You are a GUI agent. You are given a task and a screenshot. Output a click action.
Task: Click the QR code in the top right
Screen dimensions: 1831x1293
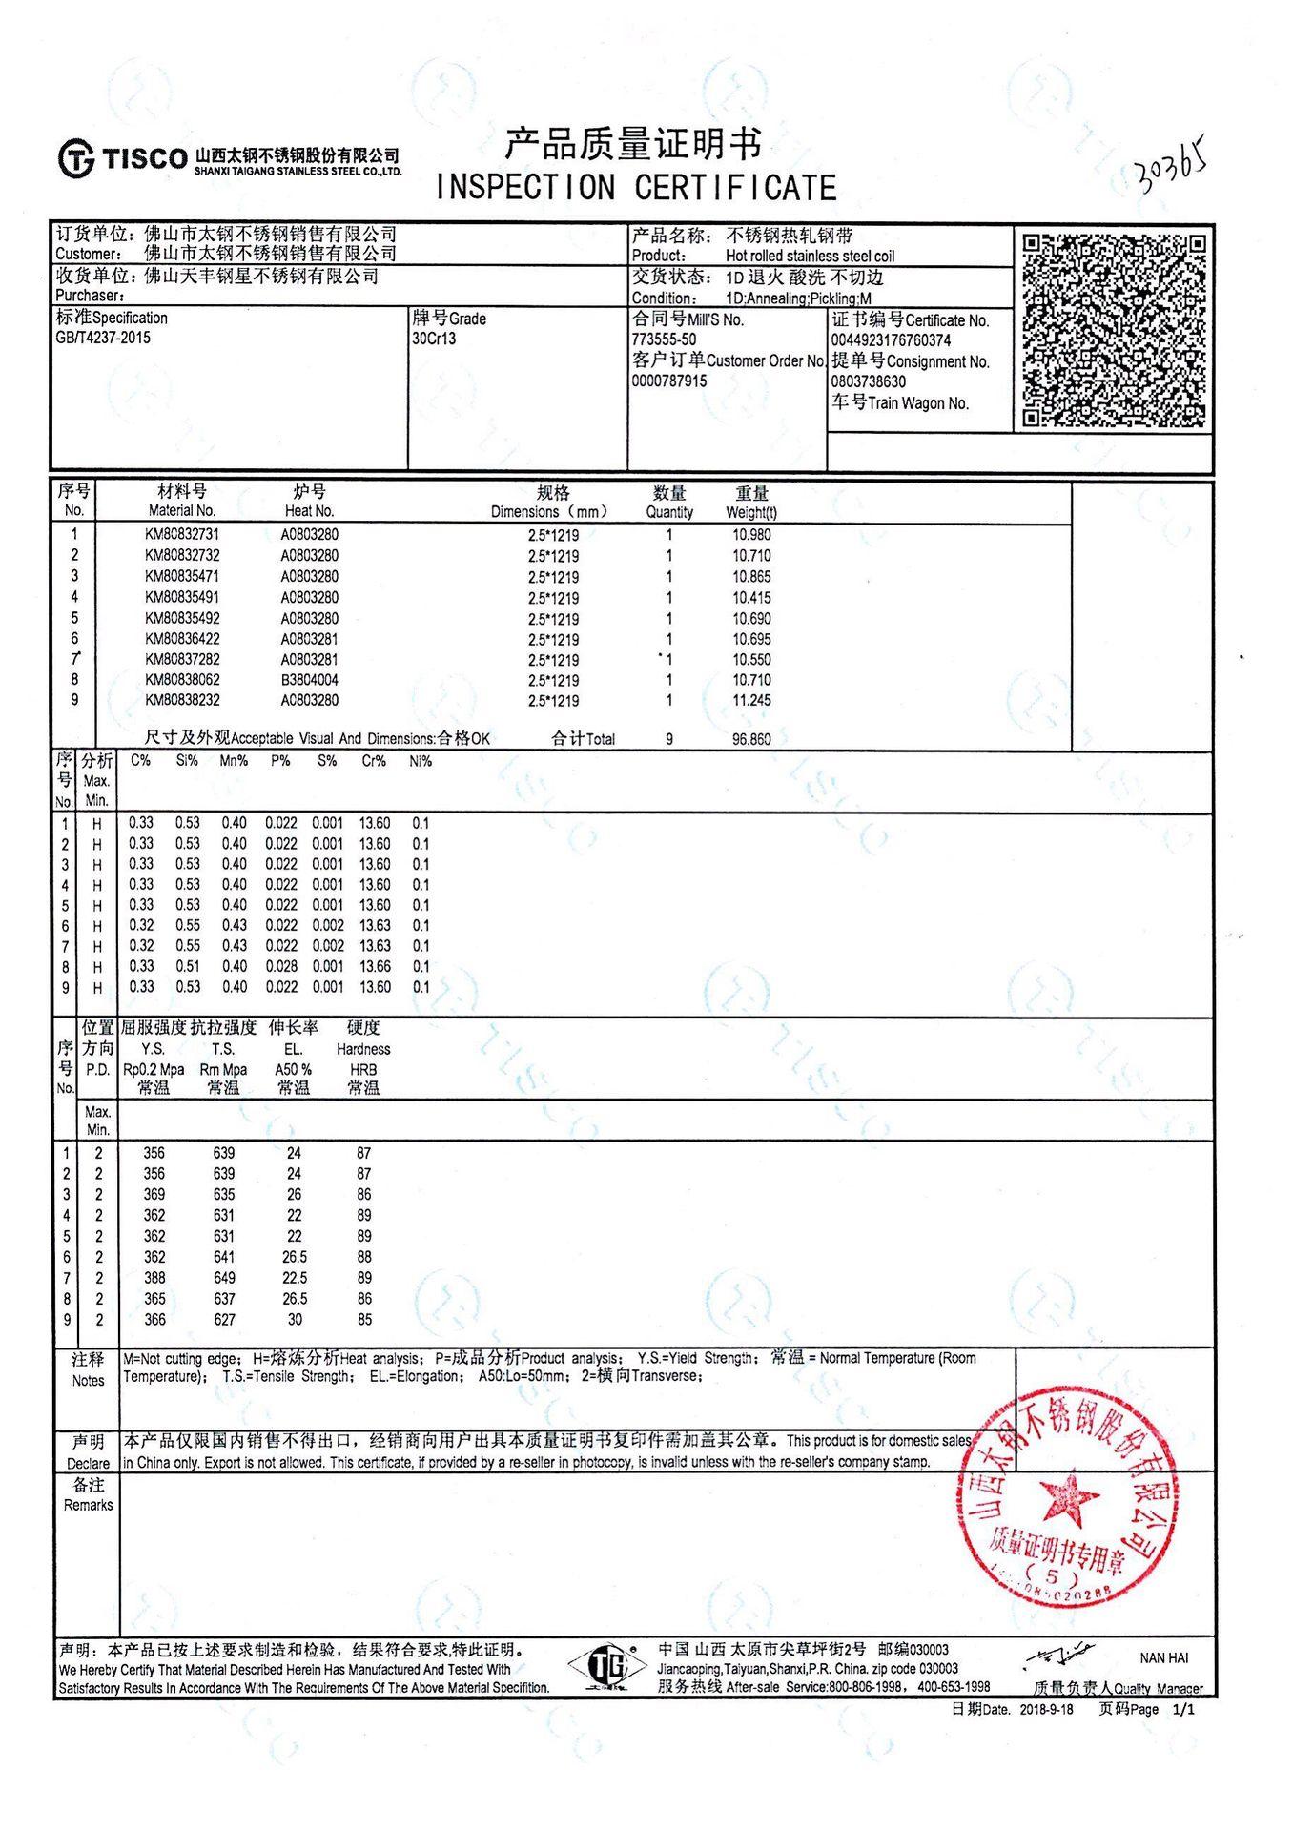click(1114, 330)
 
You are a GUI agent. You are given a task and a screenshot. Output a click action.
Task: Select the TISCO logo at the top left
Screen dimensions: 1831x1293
click(123, 157)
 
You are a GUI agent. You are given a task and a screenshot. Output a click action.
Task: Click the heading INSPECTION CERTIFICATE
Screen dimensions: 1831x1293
click(636, 188)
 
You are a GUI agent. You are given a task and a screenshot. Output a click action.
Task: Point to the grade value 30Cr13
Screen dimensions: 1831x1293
click(434, 339)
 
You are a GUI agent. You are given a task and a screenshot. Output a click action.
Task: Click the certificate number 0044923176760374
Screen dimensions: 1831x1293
click(891, 340)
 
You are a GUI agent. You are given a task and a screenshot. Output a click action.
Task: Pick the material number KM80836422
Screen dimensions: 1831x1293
click(182, 639)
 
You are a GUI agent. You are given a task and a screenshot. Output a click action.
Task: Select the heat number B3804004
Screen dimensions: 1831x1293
click(309, 680)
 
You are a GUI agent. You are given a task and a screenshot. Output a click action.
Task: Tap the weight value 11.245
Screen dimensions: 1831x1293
click(751, 700)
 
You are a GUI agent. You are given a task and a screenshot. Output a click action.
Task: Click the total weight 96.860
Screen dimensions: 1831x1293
click(751, 739)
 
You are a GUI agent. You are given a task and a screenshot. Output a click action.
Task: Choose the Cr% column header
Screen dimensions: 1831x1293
click(374, 761)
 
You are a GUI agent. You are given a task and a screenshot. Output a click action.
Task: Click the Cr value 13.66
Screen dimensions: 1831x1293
click(375, 967)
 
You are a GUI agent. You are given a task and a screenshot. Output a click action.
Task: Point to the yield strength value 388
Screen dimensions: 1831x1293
click(154, 1278)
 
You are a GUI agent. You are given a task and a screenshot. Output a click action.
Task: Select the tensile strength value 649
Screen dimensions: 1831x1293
click(224, 1278)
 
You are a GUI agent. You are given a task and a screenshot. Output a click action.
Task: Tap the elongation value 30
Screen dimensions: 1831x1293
click(295, 1320)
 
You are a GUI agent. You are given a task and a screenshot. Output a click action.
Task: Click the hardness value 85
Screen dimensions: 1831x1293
click(363, 1320)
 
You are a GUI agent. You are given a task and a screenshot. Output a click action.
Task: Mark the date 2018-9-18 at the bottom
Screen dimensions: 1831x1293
click(1046, 1709)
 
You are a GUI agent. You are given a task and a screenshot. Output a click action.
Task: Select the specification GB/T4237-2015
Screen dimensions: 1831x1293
click(103, 338)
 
